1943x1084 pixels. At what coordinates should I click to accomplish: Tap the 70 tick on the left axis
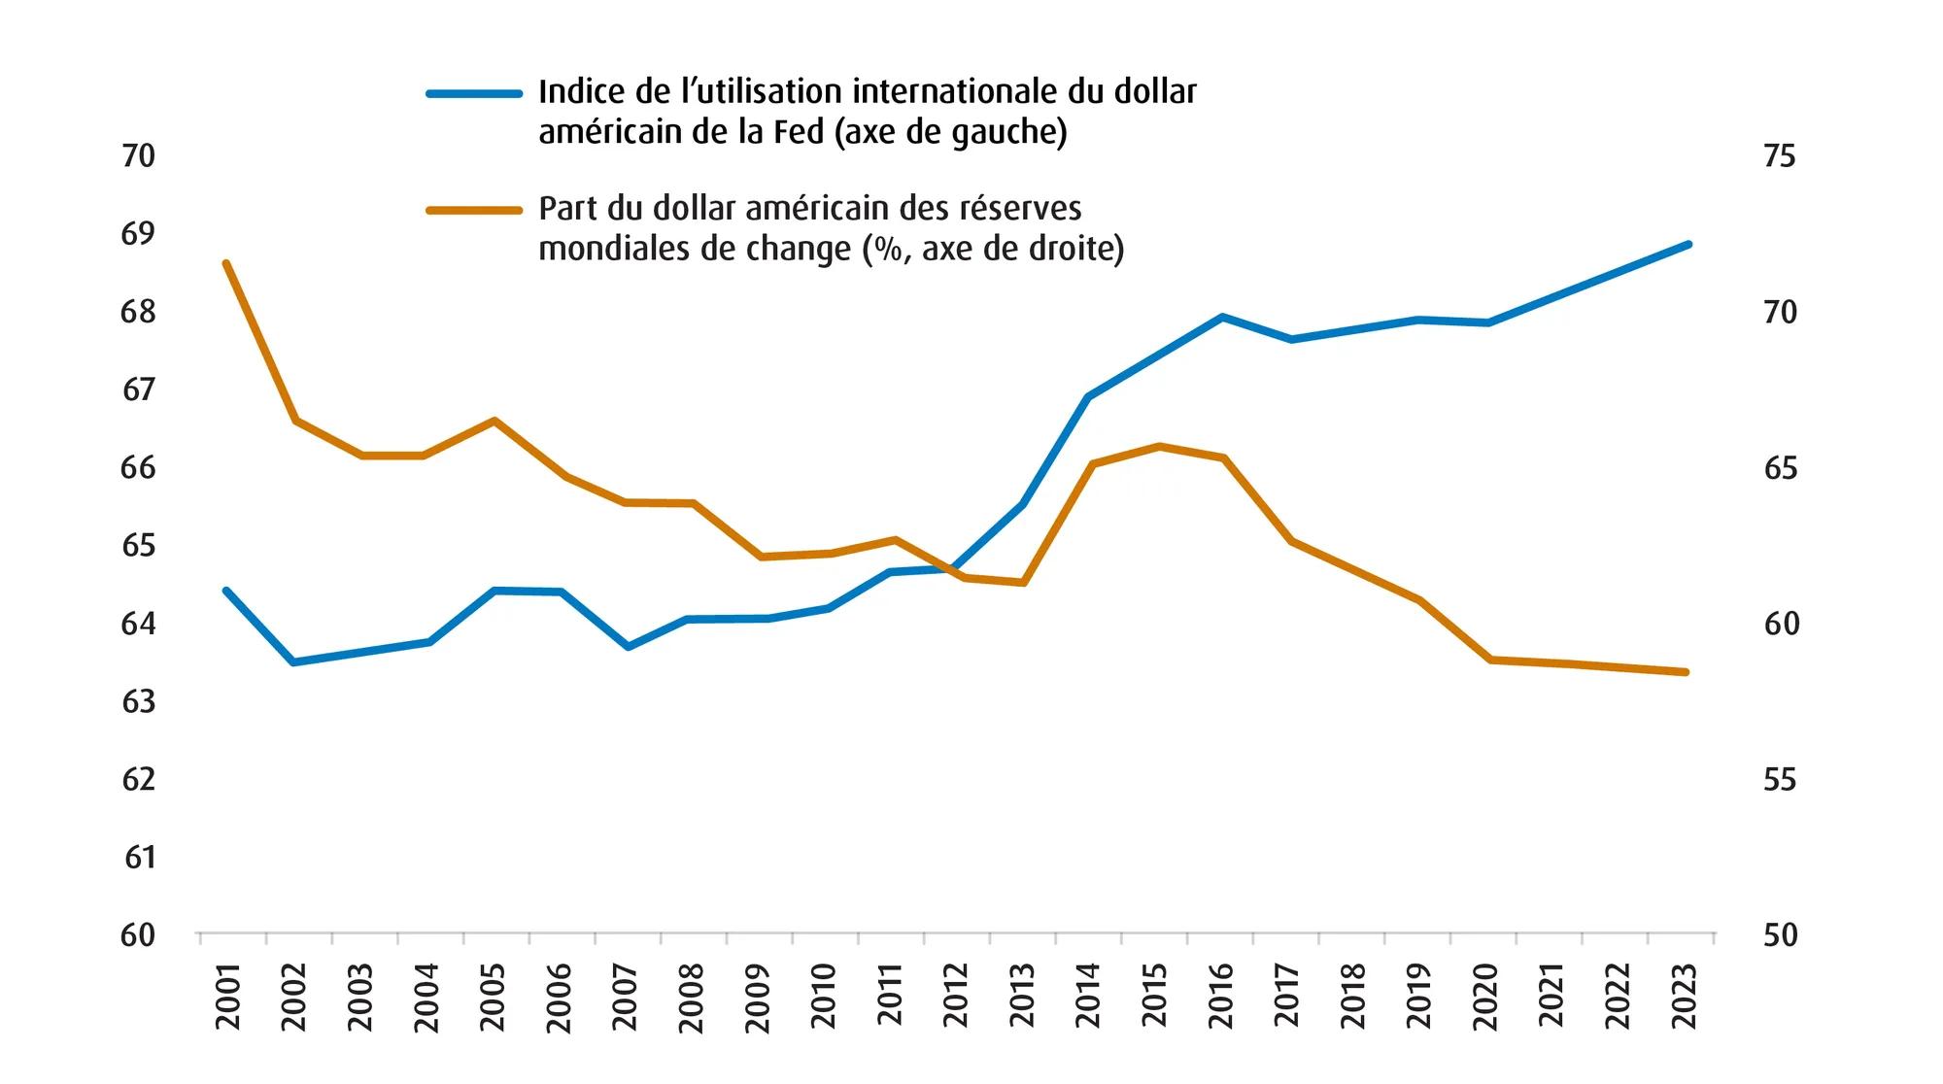[138, 156]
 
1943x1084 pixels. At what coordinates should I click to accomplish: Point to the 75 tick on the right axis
[1780, 156]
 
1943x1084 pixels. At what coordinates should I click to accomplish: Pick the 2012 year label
[957, 998]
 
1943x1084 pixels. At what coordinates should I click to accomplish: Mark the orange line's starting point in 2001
[226, 263]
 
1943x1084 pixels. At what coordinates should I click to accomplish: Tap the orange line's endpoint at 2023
[1687, 672]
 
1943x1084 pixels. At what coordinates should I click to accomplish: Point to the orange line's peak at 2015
[1158, 446]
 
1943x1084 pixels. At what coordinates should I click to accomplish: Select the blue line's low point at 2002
[293, 662]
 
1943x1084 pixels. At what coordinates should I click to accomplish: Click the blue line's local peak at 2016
[1222, 317]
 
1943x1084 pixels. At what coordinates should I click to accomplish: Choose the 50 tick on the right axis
[1780, 935]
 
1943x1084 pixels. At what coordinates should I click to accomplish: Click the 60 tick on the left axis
[138, 935]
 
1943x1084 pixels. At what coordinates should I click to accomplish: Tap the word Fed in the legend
[799, 132]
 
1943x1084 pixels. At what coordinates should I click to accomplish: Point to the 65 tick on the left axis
[138, 546]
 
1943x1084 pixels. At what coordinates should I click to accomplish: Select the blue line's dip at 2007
[629, 647]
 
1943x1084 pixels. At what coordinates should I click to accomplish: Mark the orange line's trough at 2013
[1023, 583]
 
